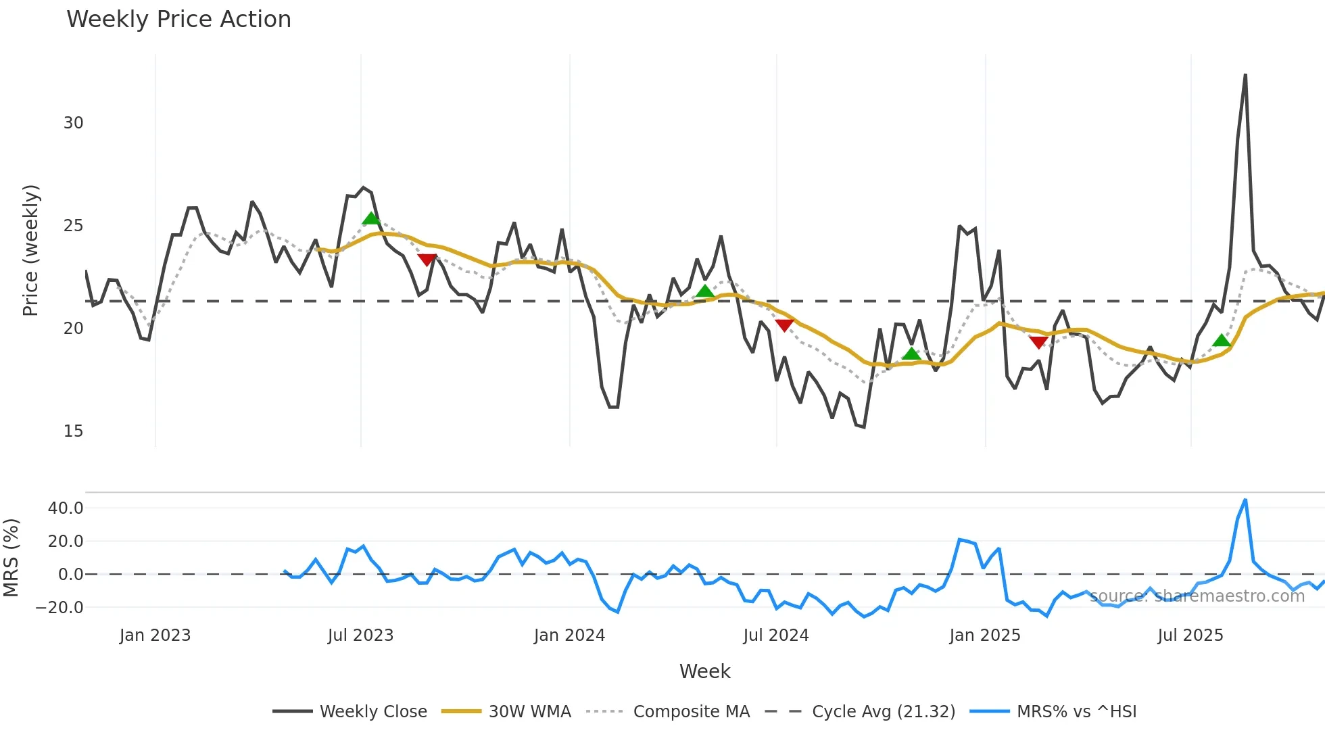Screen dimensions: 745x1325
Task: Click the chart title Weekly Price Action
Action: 178,19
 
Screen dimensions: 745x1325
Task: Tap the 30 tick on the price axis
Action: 73,123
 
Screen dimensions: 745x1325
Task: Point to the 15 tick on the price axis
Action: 73,431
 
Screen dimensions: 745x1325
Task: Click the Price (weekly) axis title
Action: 31,250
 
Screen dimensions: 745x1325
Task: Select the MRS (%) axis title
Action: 11,558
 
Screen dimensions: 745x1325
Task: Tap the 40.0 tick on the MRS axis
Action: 66,508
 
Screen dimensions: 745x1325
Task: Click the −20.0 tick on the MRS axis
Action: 59,608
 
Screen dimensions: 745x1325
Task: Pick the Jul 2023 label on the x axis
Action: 360,635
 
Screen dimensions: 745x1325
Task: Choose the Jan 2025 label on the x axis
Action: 984,635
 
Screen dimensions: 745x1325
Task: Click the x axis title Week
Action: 704,671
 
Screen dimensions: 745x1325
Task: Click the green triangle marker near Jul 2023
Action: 371,218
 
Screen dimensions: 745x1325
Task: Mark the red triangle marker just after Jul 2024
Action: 784,325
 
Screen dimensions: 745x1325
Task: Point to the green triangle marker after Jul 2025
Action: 1222,341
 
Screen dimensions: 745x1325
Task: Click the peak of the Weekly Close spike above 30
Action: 1245,75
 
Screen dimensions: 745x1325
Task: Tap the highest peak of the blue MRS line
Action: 1245,500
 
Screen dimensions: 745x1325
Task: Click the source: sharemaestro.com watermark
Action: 1197,596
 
